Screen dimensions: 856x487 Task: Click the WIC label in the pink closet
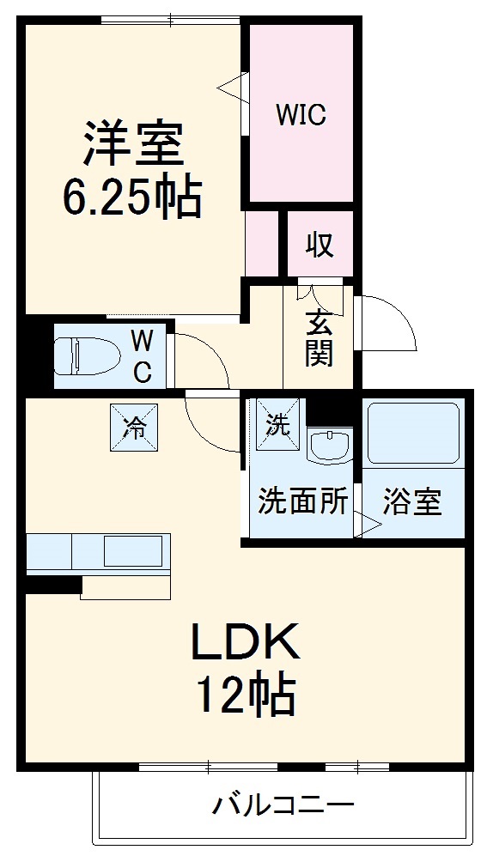tap(301, 115)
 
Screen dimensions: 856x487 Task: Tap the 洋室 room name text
tap(133, 143)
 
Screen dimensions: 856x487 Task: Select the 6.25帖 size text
tap(131, 197)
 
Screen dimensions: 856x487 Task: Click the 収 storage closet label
tap(320, 246)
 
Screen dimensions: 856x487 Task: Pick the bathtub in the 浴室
tap(414, 434)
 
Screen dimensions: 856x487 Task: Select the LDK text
tap(245, 640)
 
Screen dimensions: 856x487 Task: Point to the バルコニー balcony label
tap(283, 806)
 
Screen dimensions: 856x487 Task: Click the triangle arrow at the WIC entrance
tap(229, 86)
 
